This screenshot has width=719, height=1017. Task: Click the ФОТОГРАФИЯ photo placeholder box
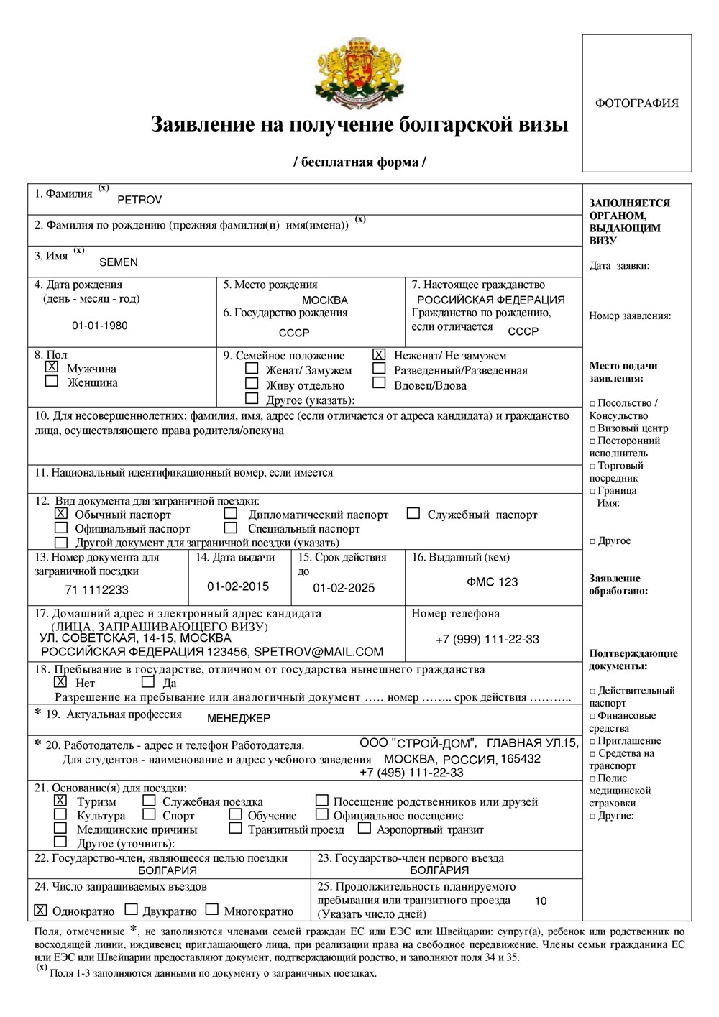click(636, 103)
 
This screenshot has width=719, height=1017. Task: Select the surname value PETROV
click(139, 200)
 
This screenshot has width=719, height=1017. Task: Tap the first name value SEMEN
click(119, 262)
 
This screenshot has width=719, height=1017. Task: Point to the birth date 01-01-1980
click(100, 326)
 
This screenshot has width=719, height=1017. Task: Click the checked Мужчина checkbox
click(52, 367)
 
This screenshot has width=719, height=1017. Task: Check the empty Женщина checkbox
click(52, 381)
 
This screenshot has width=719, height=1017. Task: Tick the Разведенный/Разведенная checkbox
click(379, 369)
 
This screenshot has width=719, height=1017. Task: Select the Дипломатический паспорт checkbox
click(231, 513)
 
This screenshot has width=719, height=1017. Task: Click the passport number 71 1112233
click(97, 590)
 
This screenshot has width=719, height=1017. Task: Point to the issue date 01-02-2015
click(238, 586)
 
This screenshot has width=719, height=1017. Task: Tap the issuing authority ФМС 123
click(493, 582)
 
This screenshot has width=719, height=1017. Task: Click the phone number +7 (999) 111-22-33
click(487, 639)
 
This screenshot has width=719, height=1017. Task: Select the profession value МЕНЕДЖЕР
click(239, 718)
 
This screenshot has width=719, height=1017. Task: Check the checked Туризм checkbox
click(61, 800)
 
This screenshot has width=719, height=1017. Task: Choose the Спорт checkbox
click(149, 814)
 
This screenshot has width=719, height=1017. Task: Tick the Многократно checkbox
click(212, 909)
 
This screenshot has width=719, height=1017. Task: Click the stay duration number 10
click(541, 901)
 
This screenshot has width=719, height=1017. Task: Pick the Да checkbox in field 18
click(148, 681)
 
